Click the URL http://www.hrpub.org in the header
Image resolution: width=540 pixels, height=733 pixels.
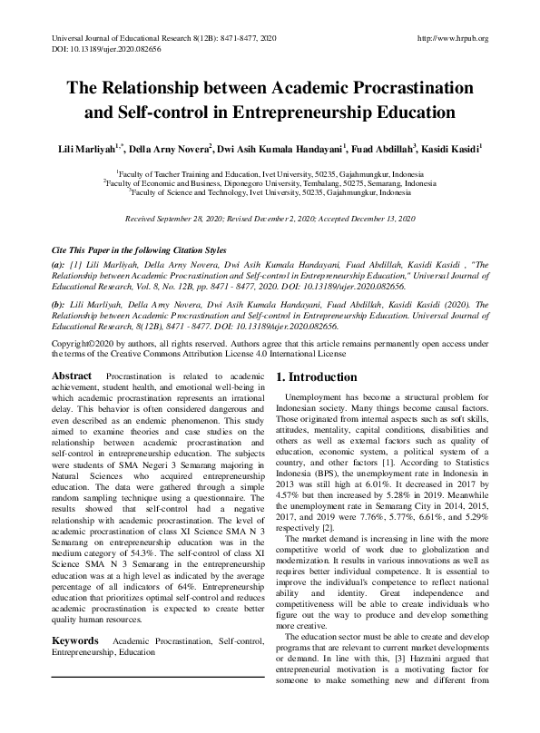click(x=451, y=38)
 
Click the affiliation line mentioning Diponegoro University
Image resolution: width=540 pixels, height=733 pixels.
click(x=270, y=181)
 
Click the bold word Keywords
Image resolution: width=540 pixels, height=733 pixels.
click(x=75, y=640)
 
